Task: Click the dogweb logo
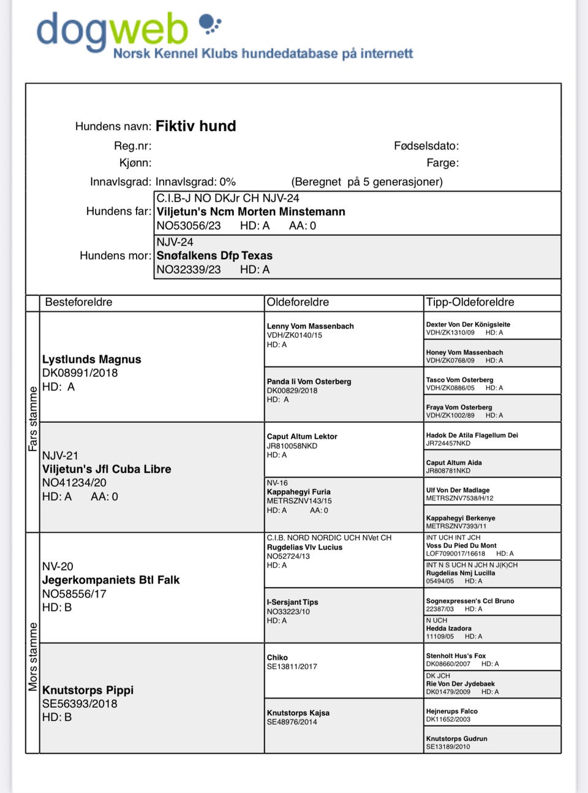(x=113, y=31)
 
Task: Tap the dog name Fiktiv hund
(x=195, y=126)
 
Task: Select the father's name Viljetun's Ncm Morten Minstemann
(x=251, y=211)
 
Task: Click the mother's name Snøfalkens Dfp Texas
(x=214, y=256)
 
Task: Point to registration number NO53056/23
(x=189, y=226)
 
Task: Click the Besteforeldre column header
(x=78, y=302)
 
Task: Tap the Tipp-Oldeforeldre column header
(x=470, y=302)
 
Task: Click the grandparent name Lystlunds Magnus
(x=92, y=359)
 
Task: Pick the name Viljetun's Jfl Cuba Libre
(x=107, y=469)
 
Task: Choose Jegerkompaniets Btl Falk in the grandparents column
(x=111, y=580)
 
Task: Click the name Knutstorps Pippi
(x=88, y=690)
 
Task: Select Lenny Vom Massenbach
(x=310, y=326)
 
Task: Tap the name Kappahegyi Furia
(x=298, y=491)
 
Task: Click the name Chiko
(x=277, y=658)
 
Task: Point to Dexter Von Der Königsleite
(x=468, y=324)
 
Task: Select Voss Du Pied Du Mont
(x=461, y=545)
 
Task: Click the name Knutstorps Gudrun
(x=456, y=738)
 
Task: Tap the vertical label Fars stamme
(x=33, y=419)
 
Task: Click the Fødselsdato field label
(x=426, y=146)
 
